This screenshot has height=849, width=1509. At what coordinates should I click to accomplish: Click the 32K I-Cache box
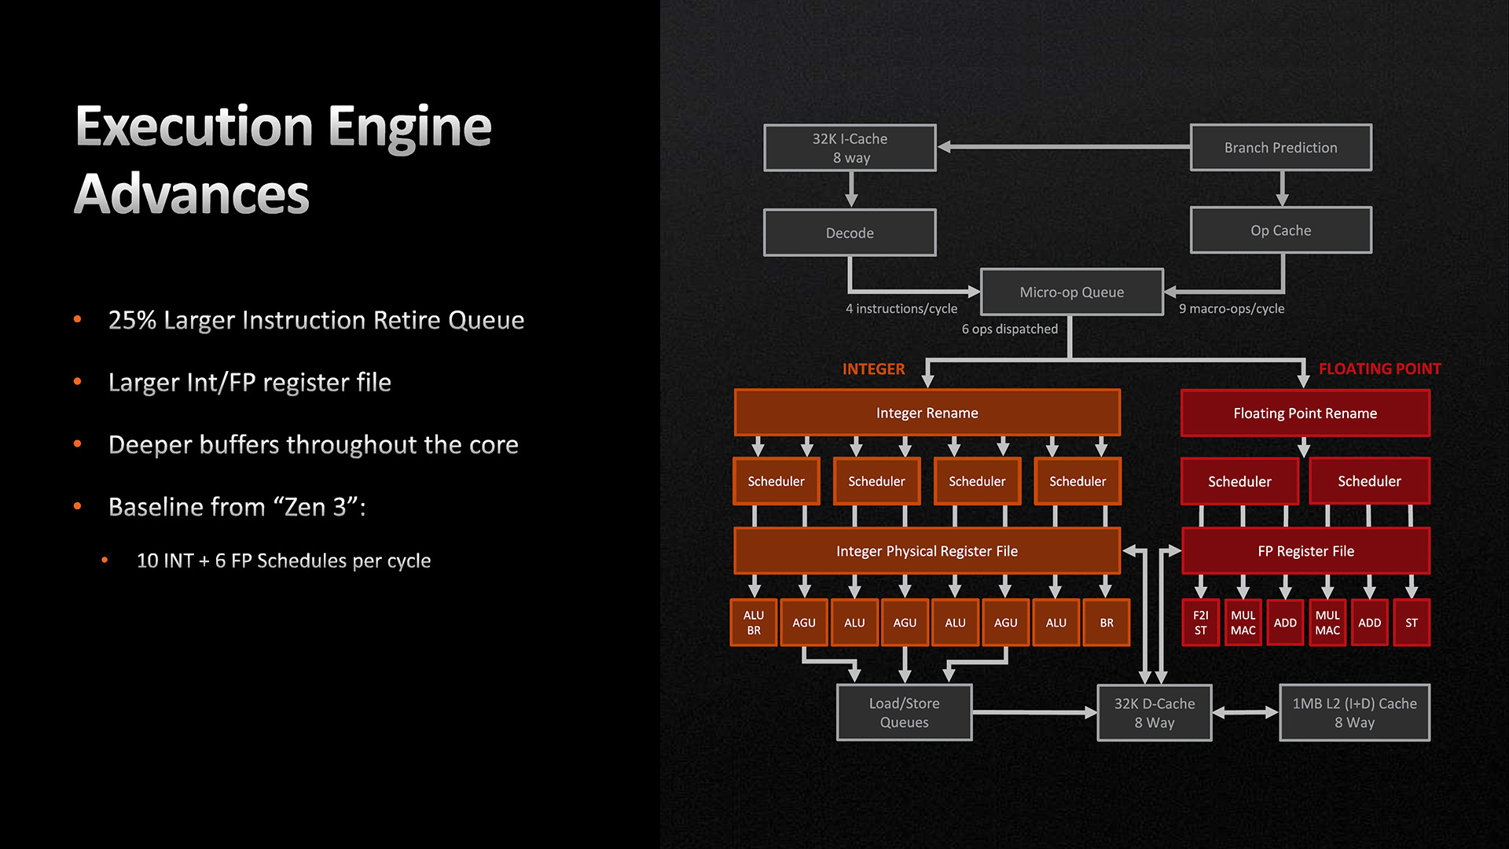(850, 148)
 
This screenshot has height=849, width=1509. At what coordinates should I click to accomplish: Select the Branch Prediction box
(1280, 148)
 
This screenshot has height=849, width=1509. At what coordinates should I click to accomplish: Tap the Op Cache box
(1280, 230)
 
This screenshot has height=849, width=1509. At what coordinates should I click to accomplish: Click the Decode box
(850, 233)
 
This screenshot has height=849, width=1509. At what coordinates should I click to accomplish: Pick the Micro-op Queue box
(1071, 292)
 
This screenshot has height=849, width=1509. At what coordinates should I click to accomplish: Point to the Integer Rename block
(927, 413)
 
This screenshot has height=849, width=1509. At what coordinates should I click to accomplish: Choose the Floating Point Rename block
(1305, 413)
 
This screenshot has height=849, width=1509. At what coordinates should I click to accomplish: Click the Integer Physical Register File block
(927, 551)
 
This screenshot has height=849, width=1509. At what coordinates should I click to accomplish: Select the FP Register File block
(1305, 551)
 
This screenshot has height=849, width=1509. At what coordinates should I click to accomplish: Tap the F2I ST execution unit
(1200, 623)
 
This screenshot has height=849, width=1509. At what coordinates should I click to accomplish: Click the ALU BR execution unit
(754, 623)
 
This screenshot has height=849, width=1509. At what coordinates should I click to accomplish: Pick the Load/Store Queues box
(904, 712)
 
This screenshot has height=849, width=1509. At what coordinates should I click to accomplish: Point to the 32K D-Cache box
(1154, 712)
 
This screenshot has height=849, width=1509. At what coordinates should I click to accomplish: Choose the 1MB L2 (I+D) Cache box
(1354, 712)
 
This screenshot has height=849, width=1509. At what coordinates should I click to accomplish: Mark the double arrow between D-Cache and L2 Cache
(1245, 712)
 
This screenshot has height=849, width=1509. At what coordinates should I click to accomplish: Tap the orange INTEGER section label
(873, 369)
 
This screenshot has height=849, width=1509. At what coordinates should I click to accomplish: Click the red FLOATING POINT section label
(1379, 369)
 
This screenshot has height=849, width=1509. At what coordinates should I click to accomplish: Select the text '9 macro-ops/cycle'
(1232, 309)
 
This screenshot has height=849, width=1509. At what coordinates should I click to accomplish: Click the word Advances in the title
(193, 194)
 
